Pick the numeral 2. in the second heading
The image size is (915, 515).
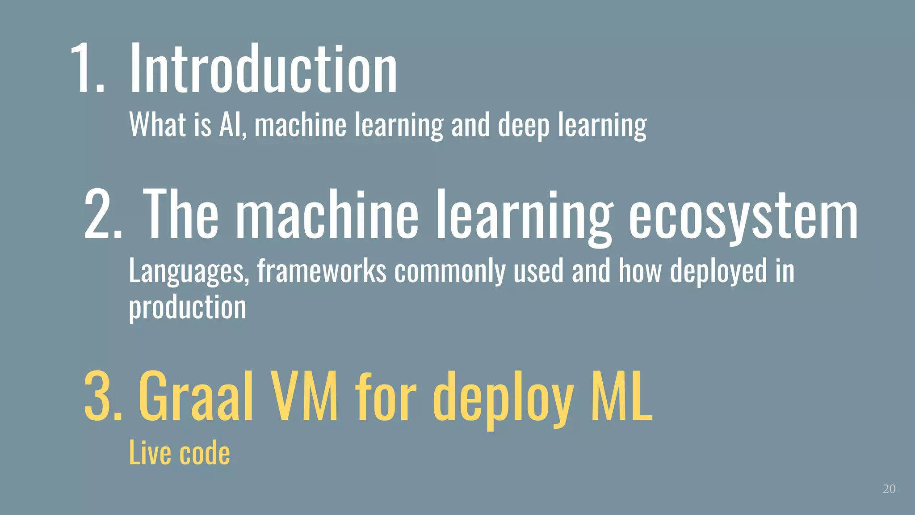click(103, 215)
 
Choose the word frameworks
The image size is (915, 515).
click(322, 271)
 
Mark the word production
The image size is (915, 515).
click(188, 308)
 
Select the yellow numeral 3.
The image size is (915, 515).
click(103, 395)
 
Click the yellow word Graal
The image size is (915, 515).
click(197, 395)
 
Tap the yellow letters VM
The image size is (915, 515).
click(304, 395)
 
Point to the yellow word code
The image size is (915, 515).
click(205, 452)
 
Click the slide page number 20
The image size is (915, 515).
click(889, 489)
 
